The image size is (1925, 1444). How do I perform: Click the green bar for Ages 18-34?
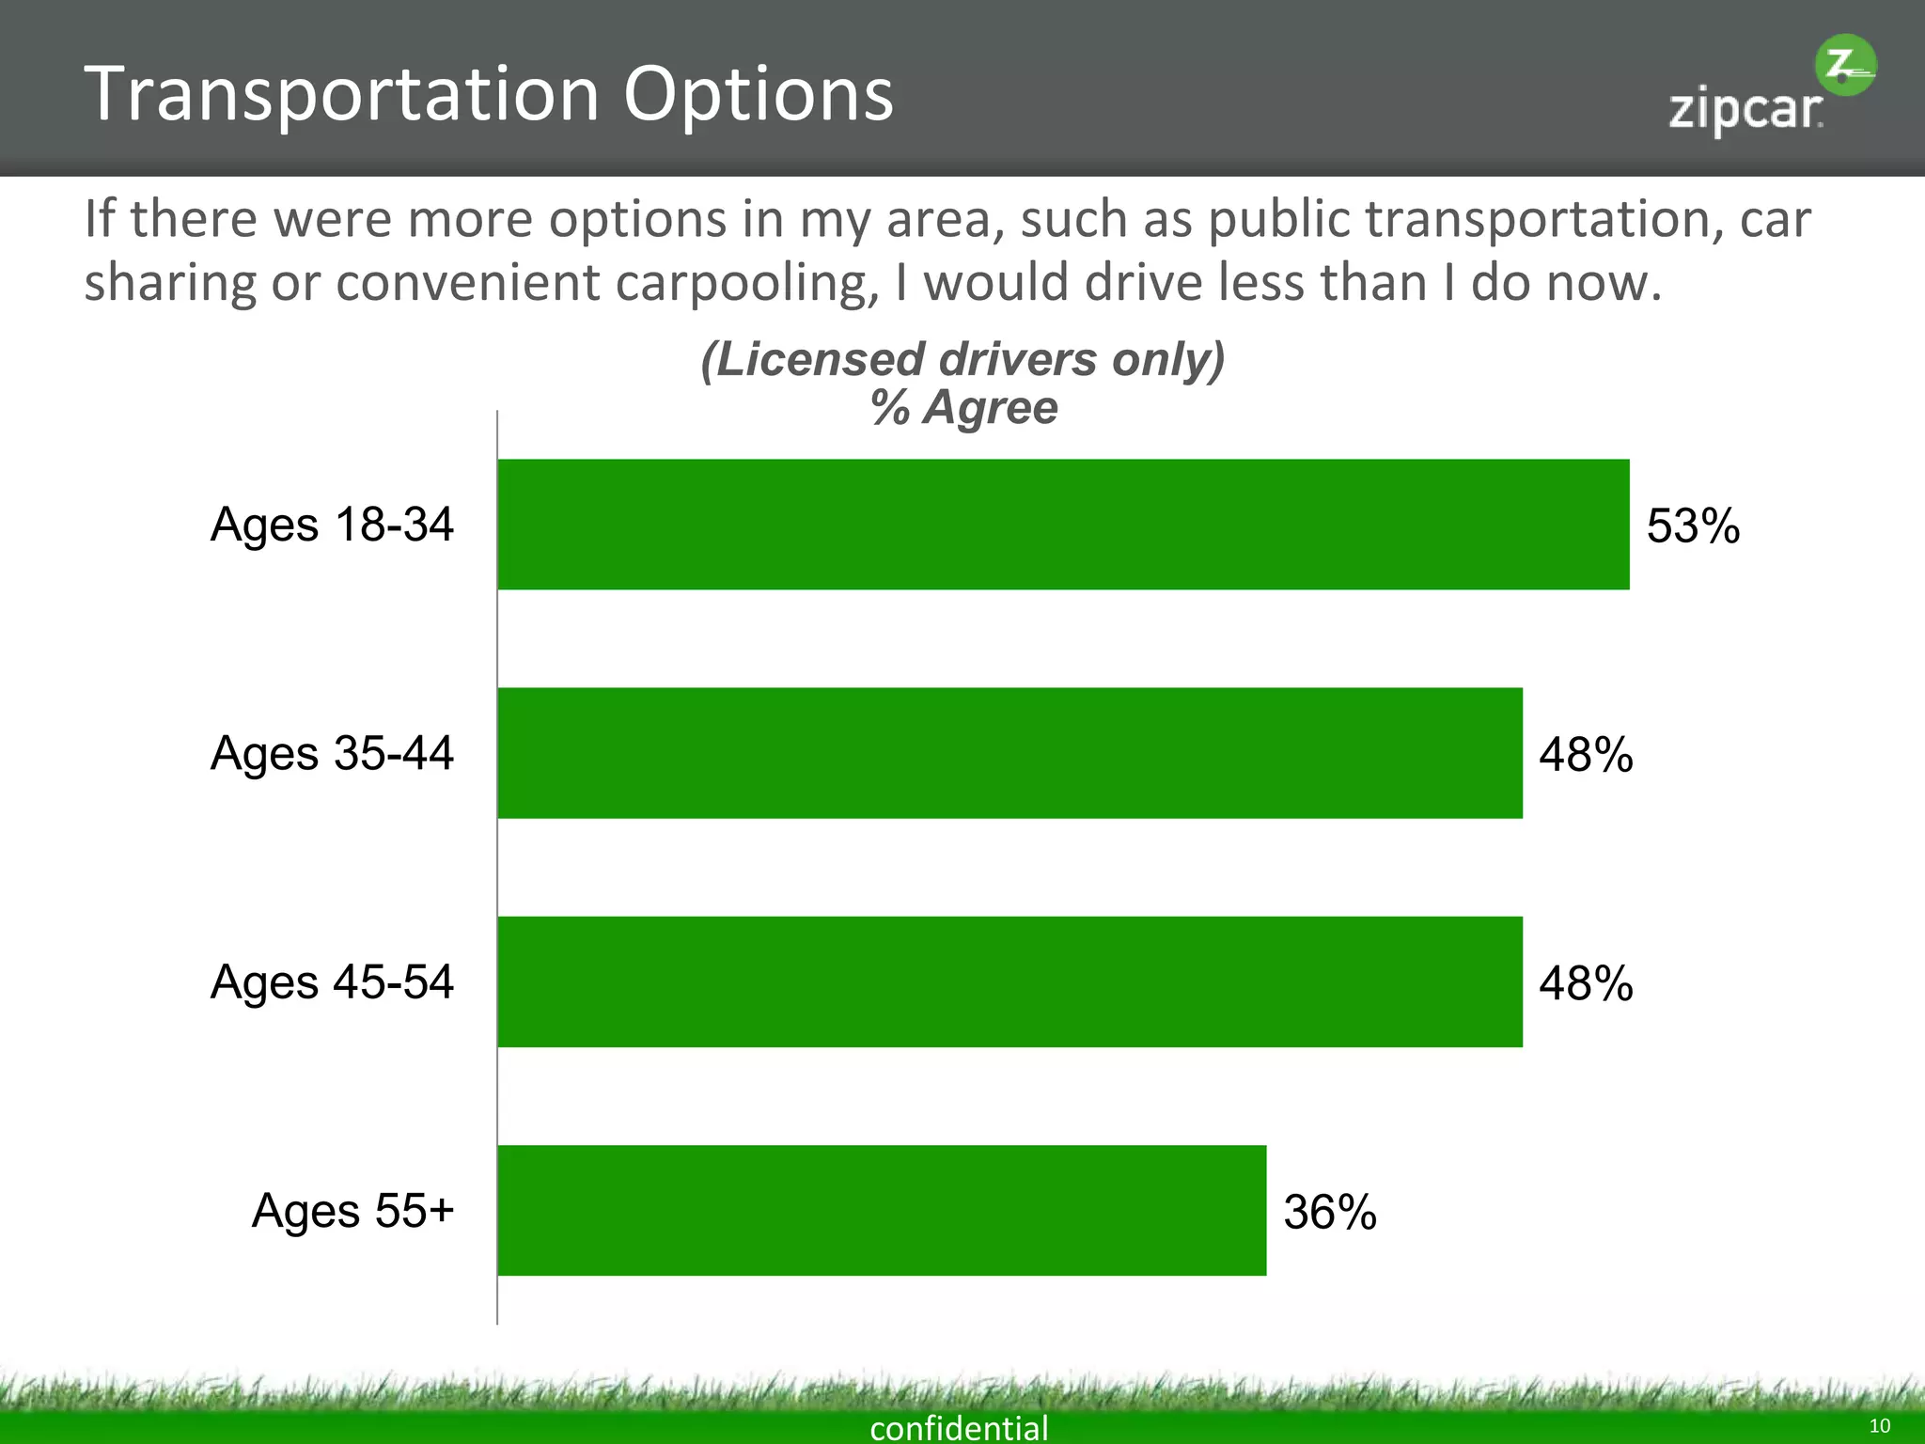point(1062,525)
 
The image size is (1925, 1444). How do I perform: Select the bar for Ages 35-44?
point(1009,753)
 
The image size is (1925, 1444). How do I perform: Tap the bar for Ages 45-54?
point(1009,981)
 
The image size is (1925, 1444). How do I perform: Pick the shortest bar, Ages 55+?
point(882,1210)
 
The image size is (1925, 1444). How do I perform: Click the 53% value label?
point(1693,526)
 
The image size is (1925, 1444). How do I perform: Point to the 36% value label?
point(1330,1212)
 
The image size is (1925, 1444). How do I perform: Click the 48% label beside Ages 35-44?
point(1586,754)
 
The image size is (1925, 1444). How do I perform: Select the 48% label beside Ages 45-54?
point(1586,983)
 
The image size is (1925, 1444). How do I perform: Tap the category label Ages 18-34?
point(332,525)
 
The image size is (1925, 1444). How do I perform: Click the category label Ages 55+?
point(352,1211)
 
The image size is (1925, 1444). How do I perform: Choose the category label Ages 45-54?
point(332,982)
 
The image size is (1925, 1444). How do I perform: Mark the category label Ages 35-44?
point(332,754)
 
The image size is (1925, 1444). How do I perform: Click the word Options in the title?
point(758,96)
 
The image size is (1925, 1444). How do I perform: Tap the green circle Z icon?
point(1844,66)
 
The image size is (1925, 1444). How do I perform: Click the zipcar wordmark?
point(1745,111)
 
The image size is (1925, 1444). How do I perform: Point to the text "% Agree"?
point(963,408)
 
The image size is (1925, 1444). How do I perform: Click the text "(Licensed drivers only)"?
point(962,359)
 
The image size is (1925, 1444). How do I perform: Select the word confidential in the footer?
point(959,1427)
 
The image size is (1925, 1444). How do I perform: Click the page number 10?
point(1879,1426)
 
